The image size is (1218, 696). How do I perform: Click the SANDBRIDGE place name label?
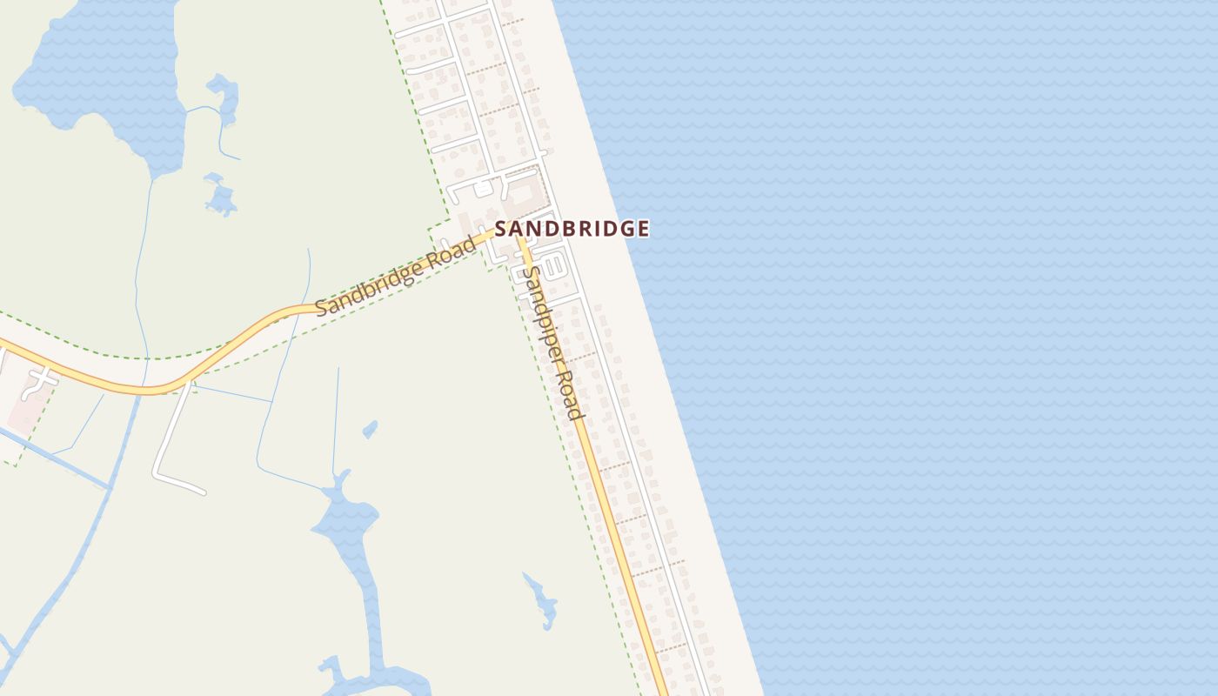(x=572, y=229)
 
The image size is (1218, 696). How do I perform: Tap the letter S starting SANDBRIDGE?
(x=501, y=229)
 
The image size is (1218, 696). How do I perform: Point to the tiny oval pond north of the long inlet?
(x=370, y=429)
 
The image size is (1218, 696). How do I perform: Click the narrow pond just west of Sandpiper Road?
(x=541, y=600)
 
